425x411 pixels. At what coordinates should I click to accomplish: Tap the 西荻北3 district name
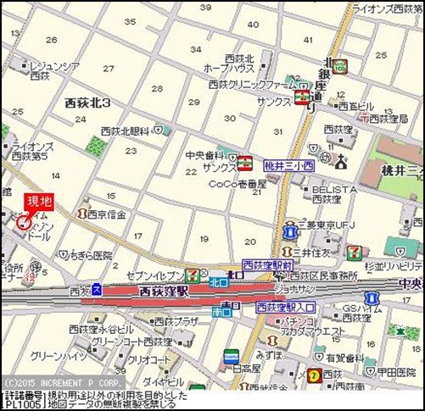(x=94, y=103)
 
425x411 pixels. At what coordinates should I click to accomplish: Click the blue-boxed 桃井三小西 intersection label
(x=288, y=166)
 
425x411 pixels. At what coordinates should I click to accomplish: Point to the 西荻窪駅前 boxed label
(x=267, y=265)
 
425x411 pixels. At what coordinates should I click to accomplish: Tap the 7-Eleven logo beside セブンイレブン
(x=194, y=275)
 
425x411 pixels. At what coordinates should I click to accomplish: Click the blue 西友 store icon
(x=97, y=290)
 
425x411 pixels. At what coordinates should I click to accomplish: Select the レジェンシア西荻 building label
(x=53, y=69)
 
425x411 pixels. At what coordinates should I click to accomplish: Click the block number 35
(x=129, y=21)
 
